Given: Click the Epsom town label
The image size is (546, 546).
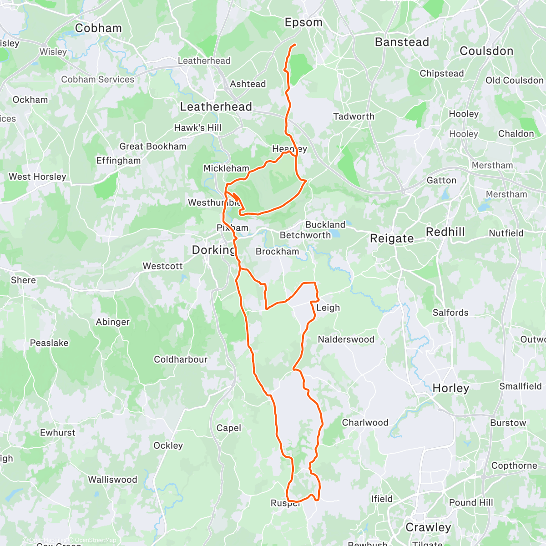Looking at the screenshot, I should click(303, 22).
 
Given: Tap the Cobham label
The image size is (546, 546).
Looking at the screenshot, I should click(98, 28).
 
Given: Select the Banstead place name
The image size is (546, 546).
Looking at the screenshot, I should click(402, 42).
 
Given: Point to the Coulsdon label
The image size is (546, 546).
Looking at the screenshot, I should click(486, 51).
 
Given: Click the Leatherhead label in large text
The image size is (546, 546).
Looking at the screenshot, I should click(216, 107).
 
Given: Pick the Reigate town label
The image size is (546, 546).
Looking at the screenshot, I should click(392, 238).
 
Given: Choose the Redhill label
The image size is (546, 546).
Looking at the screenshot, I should click(445, 232).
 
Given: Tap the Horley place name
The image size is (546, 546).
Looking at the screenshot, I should click(450, 388).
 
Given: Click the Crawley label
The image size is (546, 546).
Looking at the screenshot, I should click(428, 527).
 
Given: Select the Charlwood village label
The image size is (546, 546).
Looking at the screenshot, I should click(365, 423).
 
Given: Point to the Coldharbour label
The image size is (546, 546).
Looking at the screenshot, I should click(181, 359).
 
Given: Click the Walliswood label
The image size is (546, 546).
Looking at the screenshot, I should click(112, 480).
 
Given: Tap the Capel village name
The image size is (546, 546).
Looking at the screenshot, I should click(228, 428).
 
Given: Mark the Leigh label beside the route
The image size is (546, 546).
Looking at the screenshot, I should click(328, 308).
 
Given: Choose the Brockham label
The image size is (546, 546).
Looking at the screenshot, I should click(277, 252).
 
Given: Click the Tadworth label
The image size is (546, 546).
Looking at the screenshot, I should click(354, 116).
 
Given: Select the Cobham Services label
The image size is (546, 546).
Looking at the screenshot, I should click(98, 79).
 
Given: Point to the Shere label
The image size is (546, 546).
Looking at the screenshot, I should click(23, 280).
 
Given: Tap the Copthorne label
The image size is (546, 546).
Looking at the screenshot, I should click(514, 465).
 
